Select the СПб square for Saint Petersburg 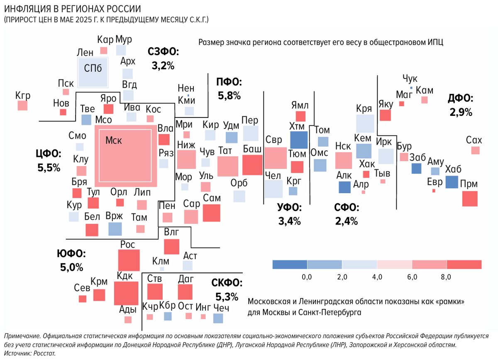[x=93, y=72]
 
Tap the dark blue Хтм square [x=298, y=140]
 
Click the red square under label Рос [x=129, y=260]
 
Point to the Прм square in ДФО [x=470, y=198]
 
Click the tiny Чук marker [x=411, y=88]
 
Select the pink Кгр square [x=22, y=105]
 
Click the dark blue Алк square [x=344, y=187]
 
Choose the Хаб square [x=452, y=182]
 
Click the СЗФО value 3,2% [x=163, y=66]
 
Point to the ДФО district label [x=461, y=98]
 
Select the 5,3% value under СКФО [x=227, y=296]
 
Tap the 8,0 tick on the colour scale [x=447, y=277]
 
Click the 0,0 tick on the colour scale [x=307, y=277]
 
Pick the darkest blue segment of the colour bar [x=290, y=264]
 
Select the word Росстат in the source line [x=43, y=353]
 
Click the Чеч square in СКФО [x=218, y=318]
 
